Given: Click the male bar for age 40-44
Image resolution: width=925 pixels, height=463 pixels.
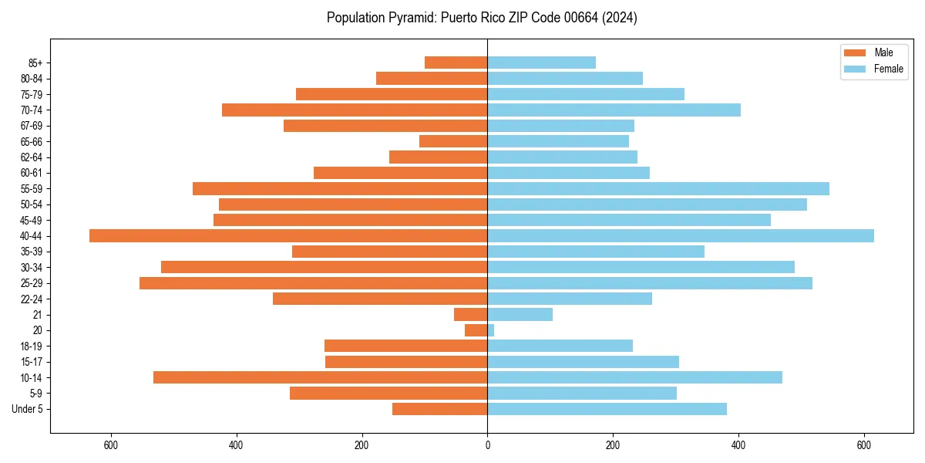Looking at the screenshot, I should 288,236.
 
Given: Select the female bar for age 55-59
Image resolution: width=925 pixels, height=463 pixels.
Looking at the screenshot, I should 658,189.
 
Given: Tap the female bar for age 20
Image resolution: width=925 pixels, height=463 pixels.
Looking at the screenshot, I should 491,330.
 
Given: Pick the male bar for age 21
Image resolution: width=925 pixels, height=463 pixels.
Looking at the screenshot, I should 470,315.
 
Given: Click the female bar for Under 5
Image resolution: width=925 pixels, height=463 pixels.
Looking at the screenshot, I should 607,409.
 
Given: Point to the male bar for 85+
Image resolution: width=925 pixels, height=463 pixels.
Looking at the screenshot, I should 456,63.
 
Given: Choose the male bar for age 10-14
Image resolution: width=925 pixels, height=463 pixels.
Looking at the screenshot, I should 320,377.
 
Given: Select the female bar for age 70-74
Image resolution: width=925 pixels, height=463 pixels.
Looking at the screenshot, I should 614,110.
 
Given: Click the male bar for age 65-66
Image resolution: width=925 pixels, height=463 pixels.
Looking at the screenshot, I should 453,141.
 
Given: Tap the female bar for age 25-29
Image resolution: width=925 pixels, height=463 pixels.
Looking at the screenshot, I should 650,283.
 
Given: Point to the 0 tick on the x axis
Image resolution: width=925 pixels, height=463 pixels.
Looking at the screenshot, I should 487,446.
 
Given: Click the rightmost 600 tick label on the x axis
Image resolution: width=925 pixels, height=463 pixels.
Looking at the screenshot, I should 864,446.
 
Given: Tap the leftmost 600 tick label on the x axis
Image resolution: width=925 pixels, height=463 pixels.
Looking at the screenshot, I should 110,446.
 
